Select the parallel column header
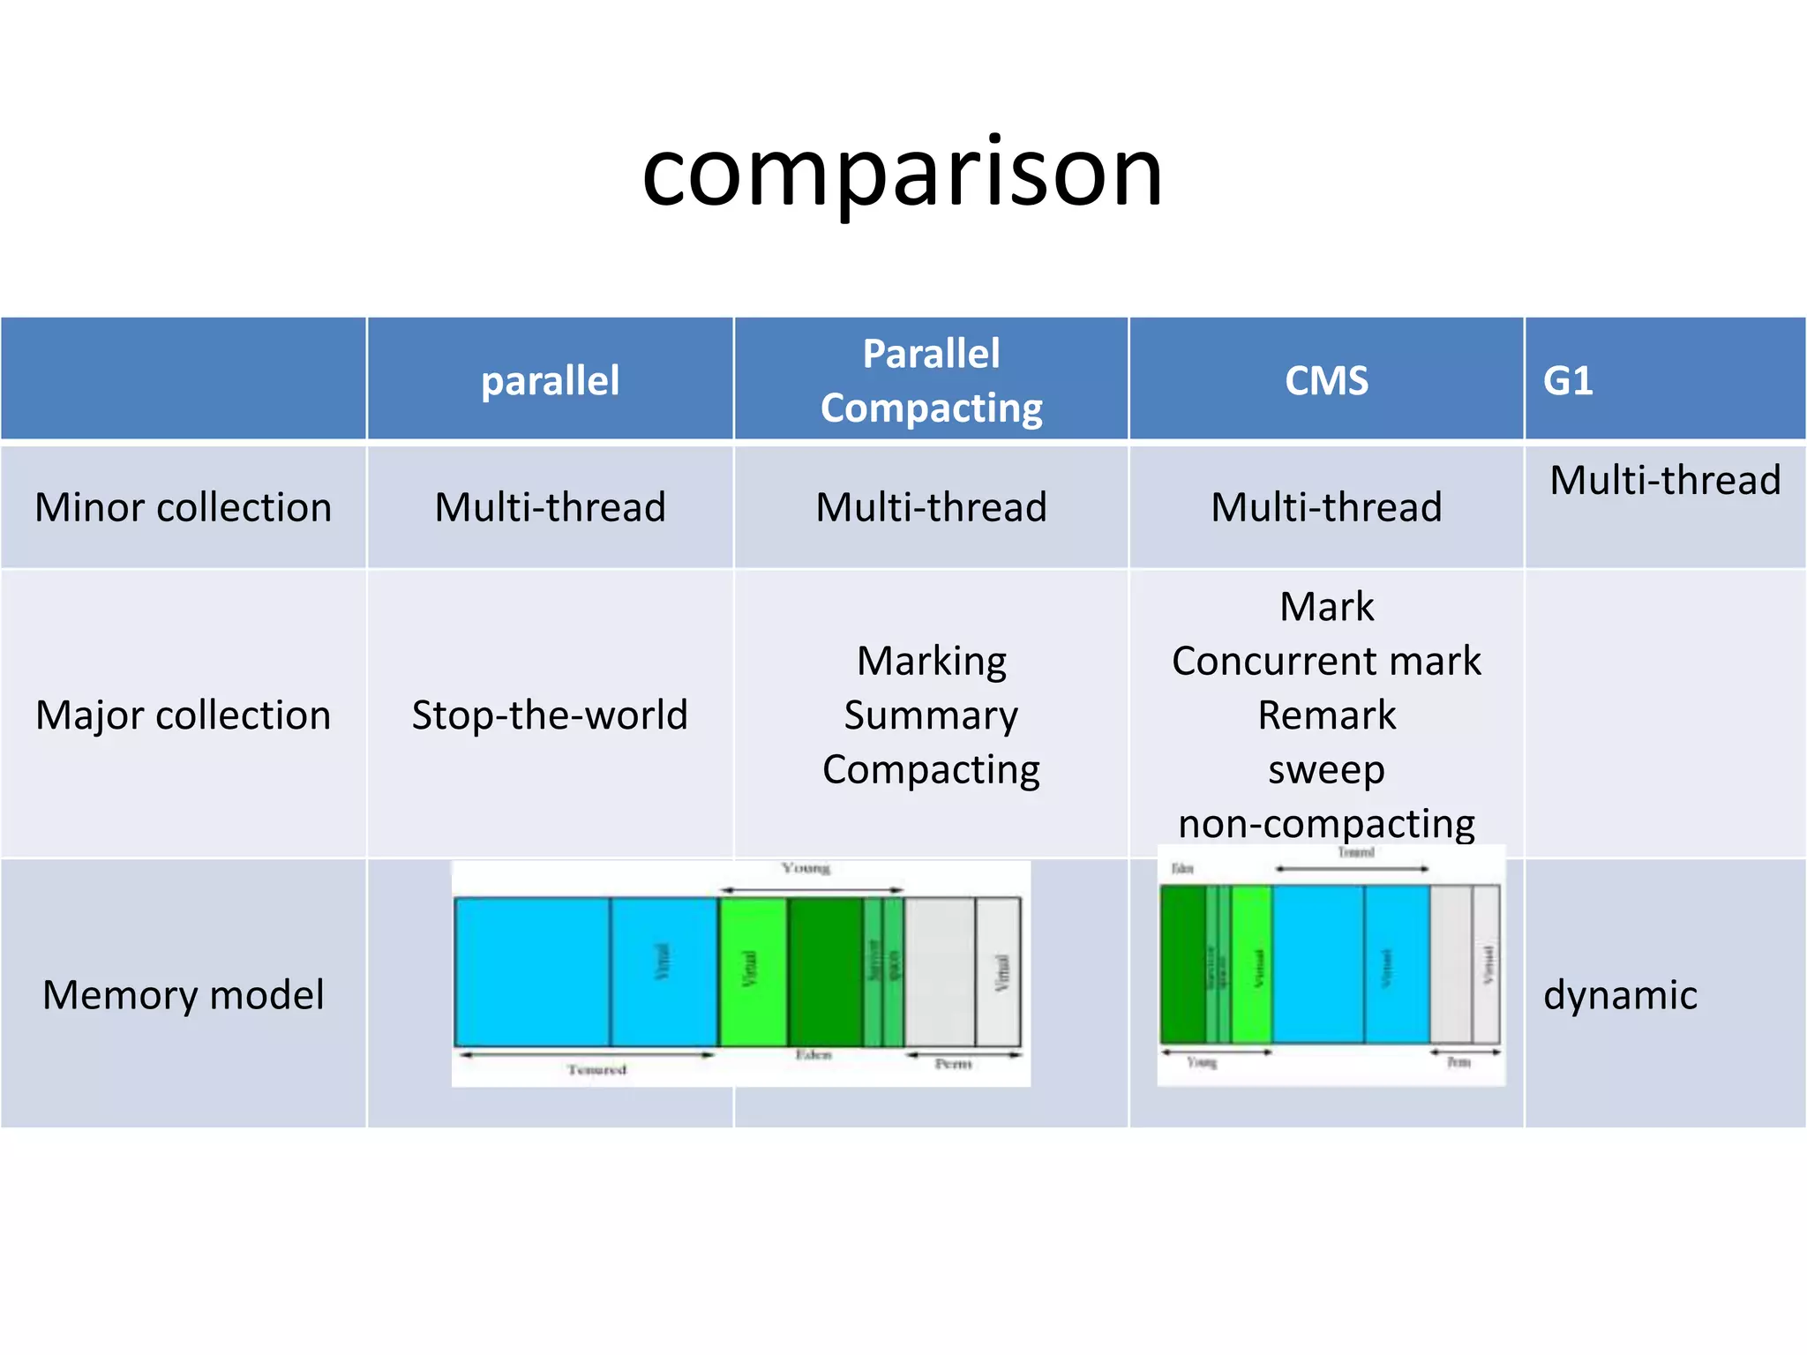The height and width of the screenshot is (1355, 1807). pyautogui.click(x=550, y=381)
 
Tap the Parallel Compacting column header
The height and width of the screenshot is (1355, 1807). pyautogui.click(x=931, y=380)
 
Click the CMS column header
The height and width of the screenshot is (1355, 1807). pyautogui.click(x=1326, y=381)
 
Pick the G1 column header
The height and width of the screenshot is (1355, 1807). pyautogui.click(x=1568, y=381)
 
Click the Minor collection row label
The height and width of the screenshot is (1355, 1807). pyautogui.click(x=184, y=507)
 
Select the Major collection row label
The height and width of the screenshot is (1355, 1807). pyautogui.click(x=184, y=715)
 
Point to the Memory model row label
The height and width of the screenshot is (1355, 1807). pyautogui.click(x=184, y=994)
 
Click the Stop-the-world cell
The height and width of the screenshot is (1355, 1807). pyautogui.click(x=550, y=715)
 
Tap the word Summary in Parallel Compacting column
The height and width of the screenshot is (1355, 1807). pyautogui.click(x=931, y=715)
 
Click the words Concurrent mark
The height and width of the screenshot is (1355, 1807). pyautogui.click(x=1326, y=661)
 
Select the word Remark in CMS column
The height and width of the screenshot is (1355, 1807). pyautogui.click(x=1326, y=715)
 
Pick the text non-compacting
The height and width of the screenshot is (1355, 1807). pyautogui.click(x=1326, y=823)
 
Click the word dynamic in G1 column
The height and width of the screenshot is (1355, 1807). pyautogui.click(x=1620, y=994)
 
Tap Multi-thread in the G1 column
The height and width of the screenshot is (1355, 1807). pyautogui.click(x=1665, y=480)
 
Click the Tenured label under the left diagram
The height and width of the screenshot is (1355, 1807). pyautogui.click(x=597, y=1070)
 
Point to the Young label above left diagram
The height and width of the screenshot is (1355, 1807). pyautogui.click(x=806, y=869)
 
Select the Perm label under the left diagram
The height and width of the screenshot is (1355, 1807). pyautogui.click(x=953, y=1065)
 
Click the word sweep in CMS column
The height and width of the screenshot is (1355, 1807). pyautogui.click(x=1326, y=769)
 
